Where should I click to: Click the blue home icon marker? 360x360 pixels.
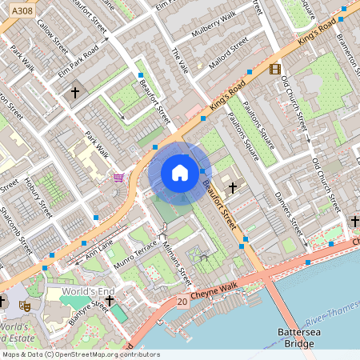(180, 173)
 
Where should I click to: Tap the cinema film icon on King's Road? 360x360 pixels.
(275, 70)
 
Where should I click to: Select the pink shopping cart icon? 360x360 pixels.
(119, 177)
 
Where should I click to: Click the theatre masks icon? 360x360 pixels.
(25, 304)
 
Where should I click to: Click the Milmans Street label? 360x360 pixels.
(178, 260)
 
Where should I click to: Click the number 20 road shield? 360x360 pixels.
(182, 302)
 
